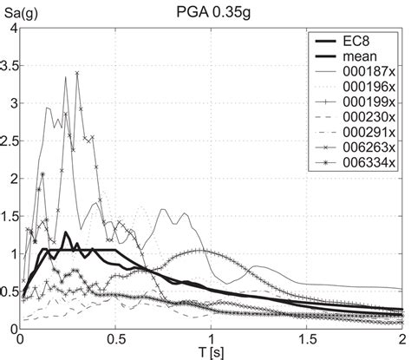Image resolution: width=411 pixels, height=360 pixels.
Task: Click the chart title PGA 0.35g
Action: point(212,10)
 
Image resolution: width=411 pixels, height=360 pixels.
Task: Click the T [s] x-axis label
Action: point(212,351)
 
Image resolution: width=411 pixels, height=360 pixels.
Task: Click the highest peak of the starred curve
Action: point(77,73)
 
